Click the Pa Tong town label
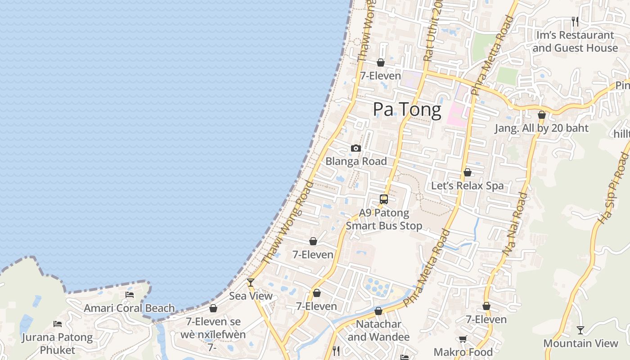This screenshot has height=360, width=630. coord(407,110)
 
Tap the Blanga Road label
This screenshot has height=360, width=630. coord(356,161)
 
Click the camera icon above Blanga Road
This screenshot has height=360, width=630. coord(356,148)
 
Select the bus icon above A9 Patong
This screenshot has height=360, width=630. coord(384,199)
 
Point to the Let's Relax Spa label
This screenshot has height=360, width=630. coord(468,186)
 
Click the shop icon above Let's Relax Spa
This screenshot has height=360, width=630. coord(468,173)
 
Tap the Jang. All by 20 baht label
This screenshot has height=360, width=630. coord(542,128)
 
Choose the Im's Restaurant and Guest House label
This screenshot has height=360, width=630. coord(575,41)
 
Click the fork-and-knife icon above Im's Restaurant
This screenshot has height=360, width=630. coord(575,21)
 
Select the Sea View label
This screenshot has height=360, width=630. coord(251,296)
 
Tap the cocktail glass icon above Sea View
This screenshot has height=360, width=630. coord(251,283)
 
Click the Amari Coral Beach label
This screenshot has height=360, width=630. coord(129,308)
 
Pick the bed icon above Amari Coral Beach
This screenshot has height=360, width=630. coord(130,295)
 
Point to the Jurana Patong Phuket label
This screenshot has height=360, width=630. coord(57,343)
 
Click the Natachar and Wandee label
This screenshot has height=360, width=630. coord(378,330)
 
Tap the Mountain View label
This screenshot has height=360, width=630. coord(580,343)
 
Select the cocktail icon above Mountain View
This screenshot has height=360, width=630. coord(580,330)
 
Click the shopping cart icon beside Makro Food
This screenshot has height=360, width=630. coord(463,339)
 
